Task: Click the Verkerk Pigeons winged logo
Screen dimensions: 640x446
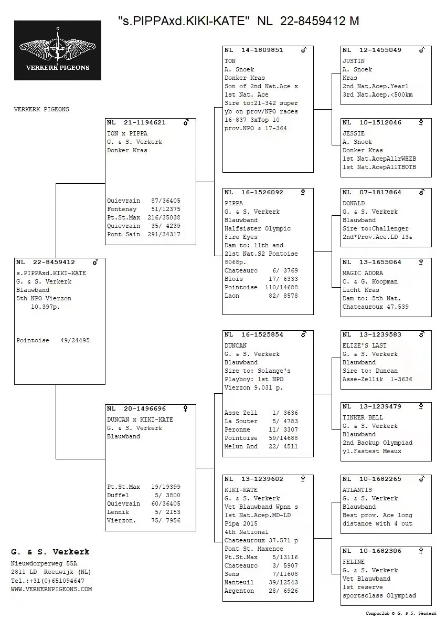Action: (x=58, y=50)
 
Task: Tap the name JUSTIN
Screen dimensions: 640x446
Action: (x=353, y=61)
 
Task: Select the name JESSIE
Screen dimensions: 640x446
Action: (x=353, y=133)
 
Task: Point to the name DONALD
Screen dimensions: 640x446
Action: (x=353, y=203)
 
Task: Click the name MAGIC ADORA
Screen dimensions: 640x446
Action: (x=363, y=273)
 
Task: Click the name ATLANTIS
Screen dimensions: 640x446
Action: (x=357, y=490)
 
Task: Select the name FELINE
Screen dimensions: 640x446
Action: (x=353, y=562)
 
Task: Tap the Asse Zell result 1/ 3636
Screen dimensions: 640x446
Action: (x=285, y=413)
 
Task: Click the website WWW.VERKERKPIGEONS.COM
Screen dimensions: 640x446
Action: (x=51, y=589)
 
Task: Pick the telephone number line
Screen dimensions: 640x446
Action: (x=47, y=581)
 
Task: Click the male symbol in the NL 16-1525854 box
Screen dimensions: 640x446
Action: (x=303, y=334)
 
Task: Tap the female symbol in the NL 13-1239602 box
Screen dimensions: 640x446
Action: (x=303, y=479)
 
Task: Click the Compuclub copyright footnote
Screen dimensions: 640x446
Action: (x=401, y=613)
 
